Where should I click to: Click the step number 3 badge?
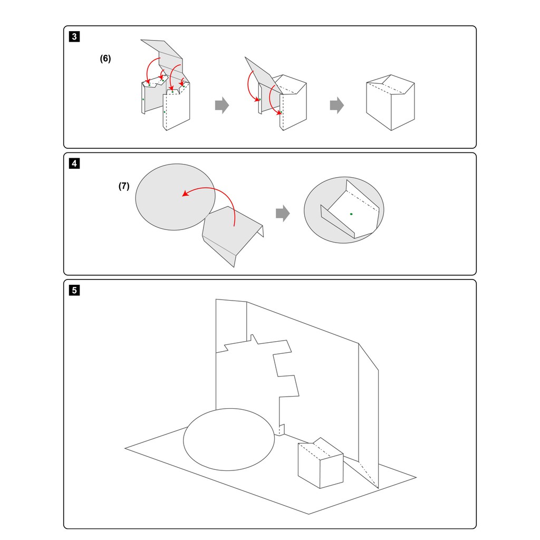(x=75, y=37)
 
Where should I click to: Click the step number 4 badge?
(x=75, y=163)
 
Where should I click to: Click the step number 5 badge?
(x=75, y=290)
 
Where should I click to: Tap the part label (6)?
(x=105, y=59)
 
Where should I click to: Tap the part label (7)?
(x=124, y=186)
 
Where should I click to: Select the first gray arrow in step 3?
(x=222, y=105)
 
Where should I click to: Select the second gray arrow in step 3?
(x=337, y=105)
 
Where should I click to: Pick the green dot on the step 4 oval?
(x=351, y=214)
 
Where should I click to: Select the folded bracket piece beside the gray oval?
(x=232, y=235)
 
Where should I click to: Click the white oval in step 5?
(x=229, y=439)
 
